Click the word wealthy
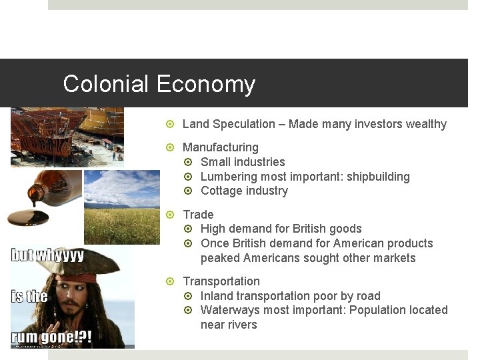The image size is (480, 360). [423, 124]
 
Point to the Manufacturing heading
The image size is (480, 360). [221, 147]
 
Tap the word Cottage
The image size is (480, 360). [221, 191]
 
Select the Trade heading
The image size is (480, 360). [198, 215]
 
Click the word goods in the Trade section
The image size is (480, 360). [346, 229]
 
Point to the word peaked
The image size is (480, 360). [220, 258]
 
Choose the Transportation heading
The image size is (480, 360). [221, 281]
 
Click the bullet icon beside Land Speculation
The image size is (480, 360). [171, 124]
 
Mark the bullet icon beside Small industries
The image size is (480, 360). [189, 162]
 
